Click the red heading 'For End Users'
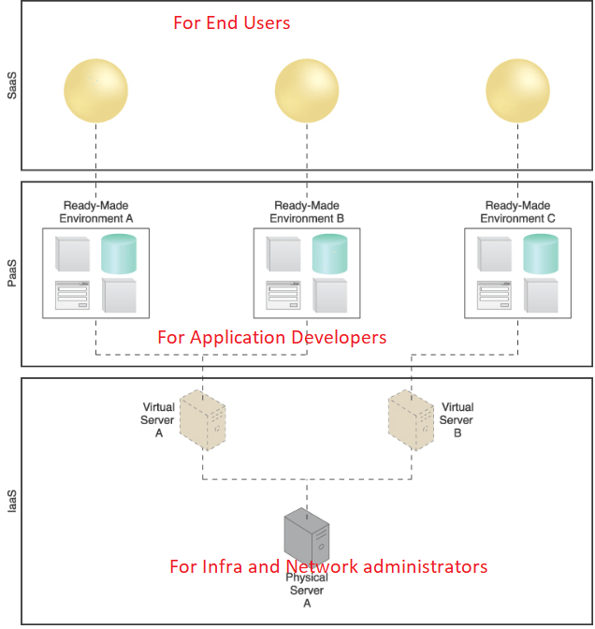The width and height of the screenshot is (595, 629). (231, 23)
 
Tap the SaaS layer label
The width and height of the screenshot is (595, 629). (12, 89)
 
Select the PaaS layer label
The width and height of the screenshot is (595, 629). (12, 273)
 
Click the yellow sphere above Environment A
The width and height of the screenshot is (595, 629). (95, 91)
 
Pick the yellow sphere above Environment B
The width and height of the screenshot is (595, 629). (307, 91)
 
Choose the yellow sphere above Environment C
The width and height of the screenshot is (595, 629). (517, 91)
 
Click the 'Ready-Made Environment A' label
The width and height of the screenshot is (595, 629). (95, 212)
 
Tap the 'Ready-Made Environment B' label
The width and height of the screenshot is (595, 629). (307, 212)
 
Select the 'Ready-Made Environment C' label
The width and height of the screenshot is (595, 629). (517, 212)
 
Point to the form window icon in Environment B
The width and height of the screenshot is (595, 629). (283, 295)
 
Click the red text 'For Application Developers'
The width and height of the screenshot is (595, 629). (271, 337)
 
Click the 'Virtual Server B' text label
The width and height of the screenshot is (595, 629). (457, 420)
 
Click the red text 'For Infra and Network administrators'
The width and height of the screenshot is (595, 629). (328, 566)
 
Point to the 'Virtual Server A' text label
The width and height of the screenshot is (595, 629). (158, 420)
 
